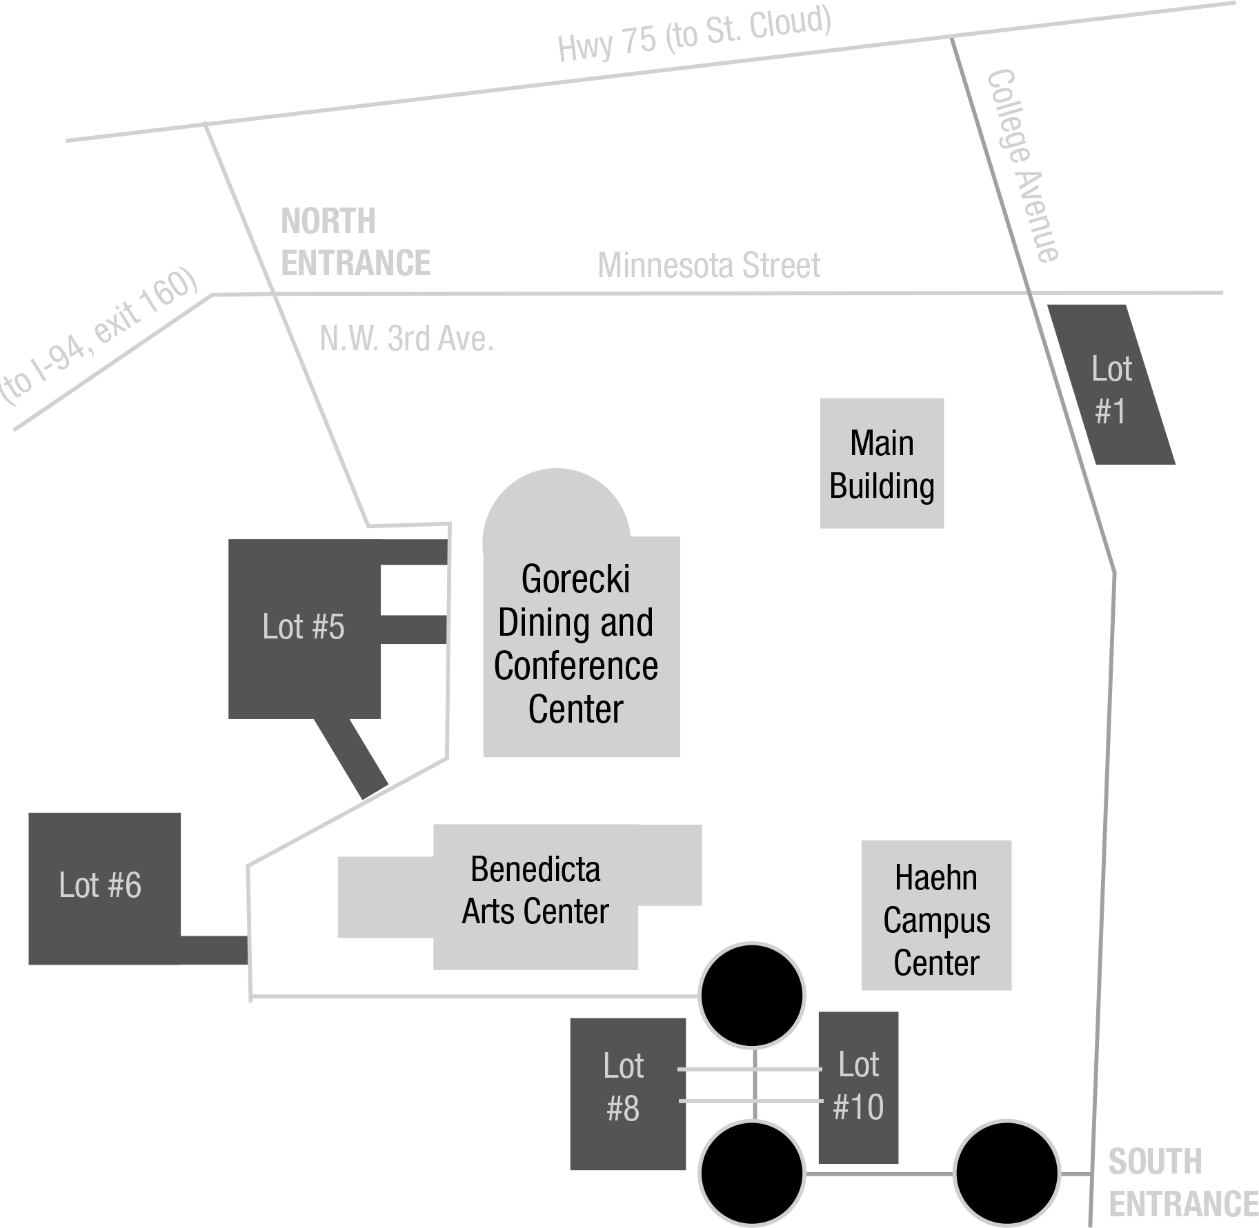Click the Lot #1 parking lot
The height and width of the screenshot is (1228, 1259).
point(1111,385)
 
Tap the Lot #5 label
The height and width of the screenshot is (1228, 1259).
point(304,627)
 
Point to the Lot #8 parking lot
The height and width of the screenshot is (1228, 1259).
point(628,1094)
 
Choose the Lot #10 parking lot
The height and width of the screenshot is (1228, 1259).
point(858,1087)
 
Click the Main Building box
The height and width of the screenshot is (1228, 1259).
point(882,463)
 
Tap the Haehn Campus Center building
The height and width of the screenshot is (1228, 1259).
point(936,915)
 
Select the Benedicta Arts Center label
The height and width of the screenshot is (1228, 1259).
point(535,890)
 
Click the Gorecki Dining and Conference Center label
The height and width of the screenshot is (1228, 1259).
point(576,644)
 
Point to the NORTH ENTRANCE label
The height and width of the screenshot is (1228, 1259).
point(355,242)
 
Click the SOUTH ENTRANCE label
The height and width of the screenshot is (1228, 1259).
point(1183,1183)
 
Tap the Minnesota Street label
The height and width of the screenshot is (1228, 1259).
point(708,265)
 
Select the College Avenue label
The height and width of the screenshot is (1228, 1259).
point(1023,166)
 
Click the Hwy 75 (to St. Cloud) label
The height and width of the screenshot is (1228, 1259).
point(694,33)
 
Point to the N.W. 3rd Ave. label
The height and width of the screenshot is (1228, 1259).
point(406,339)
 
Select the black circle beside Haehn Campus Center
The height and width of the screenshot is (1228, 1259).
point(752,996)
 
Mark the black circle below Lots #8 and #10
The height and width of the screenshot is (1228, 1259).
point(752,1173)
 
